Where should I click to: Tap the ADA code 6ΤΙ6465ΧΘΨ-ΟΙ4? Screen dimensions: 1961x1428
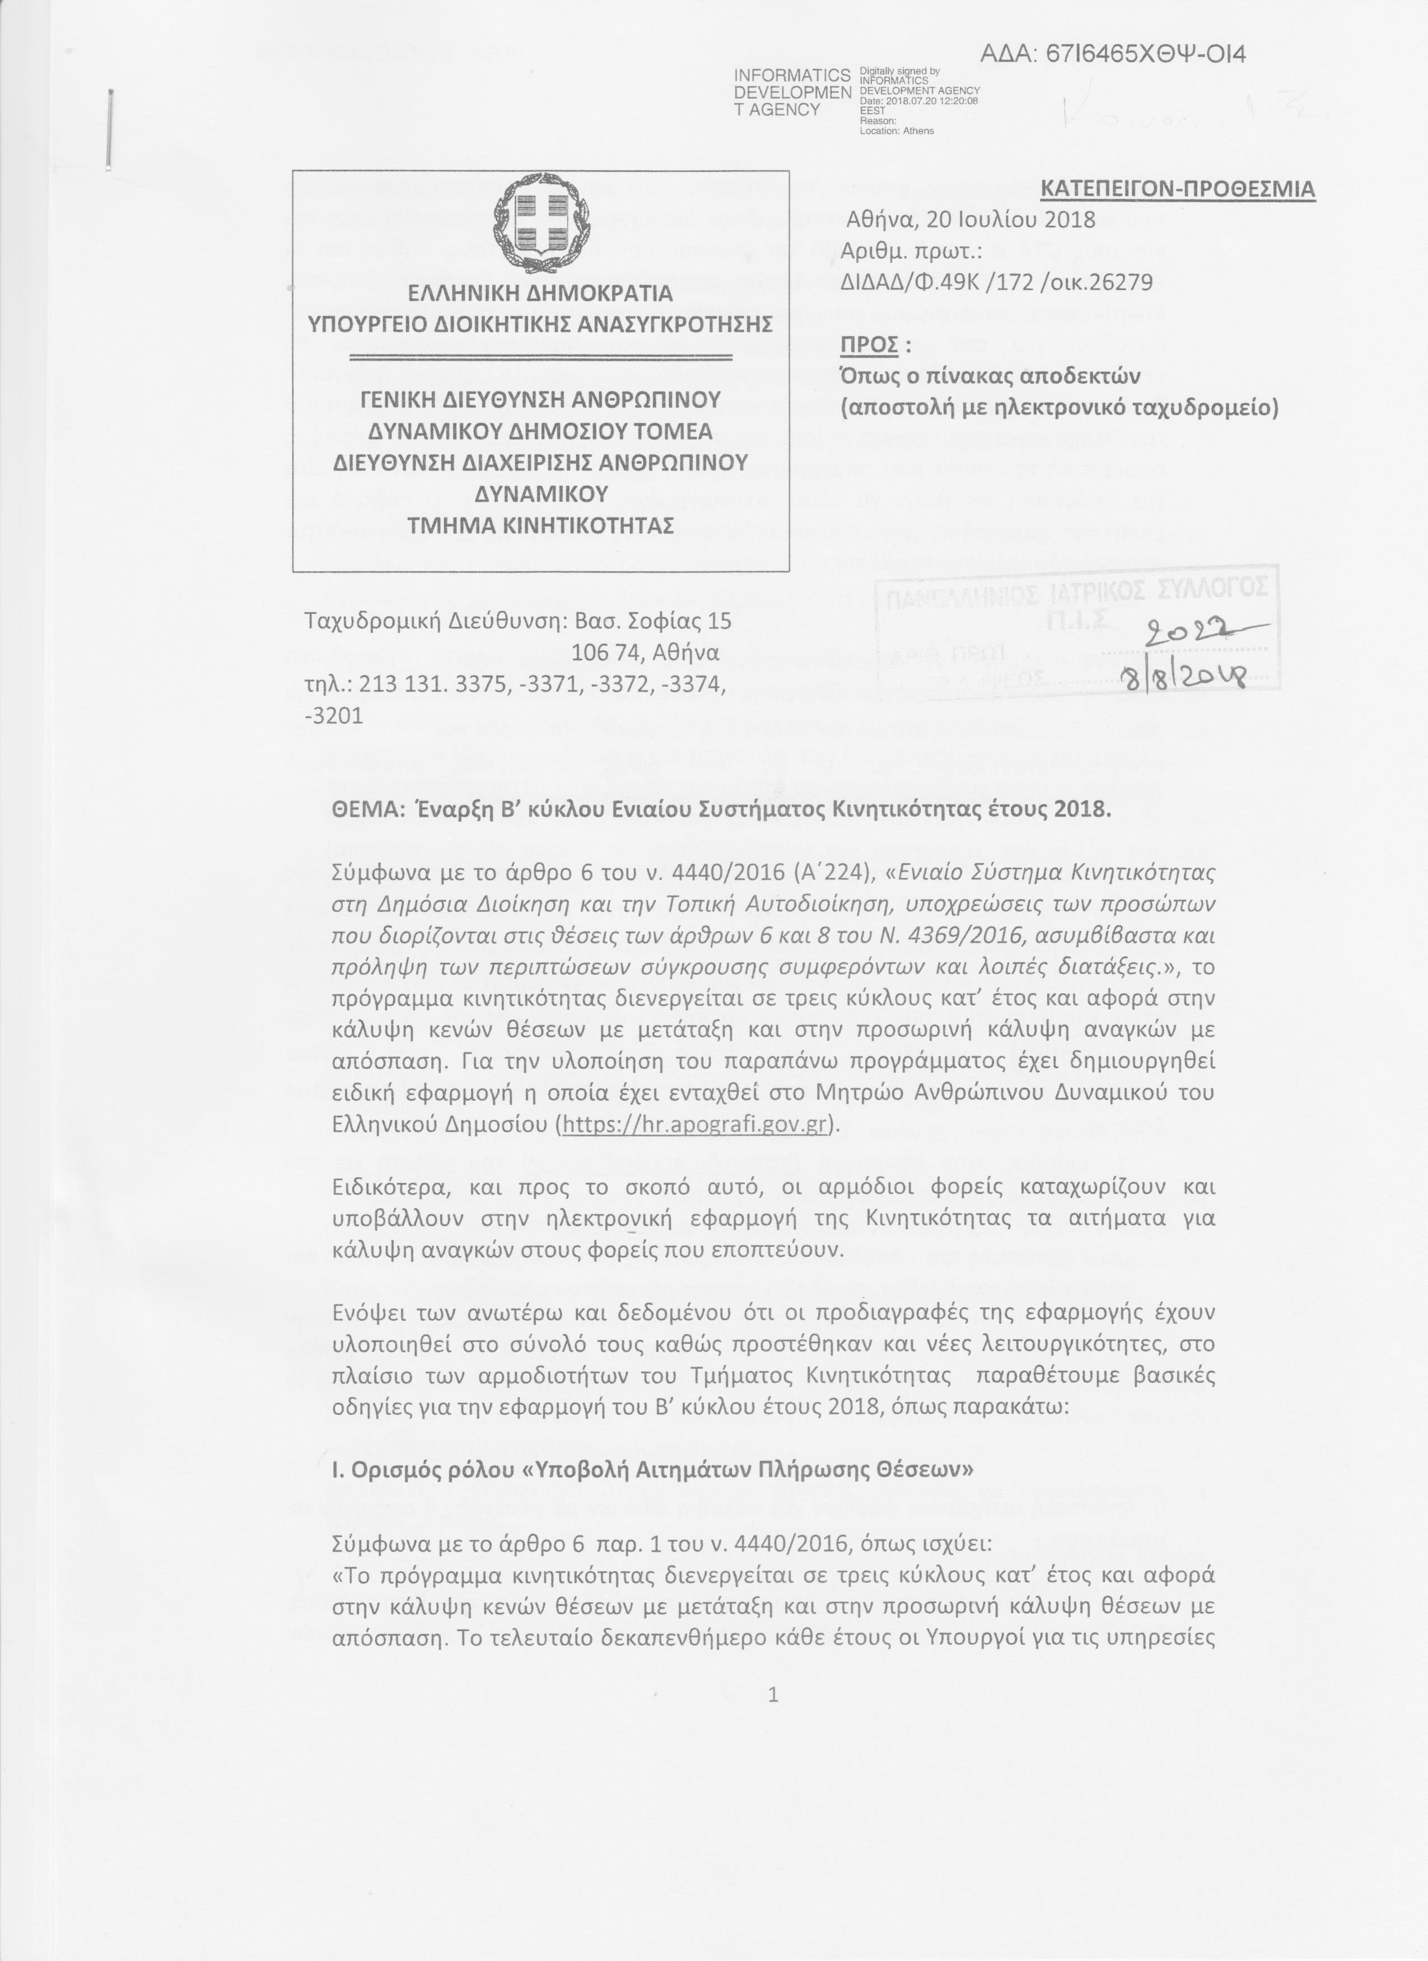coord(1113,54)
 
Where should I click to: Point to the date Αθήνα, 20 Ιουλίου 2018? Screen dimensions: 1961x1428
coord(970,220)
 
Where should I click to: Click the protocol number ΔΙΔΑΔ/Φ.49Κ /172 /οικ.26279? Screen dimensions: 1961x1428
coord(997,282)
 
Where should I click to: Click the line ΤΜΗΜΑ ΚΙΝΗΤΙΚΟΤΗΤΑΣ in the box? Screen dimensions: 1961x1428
coord(540,526)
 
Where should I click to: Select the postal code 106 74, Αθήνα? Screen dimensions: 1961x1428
coord(646,651)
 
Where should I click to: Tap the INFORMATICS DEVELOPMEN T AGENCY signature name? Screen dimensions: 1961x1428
coord(792,92)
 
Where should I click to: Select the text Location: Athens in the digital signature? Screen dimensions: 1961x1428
coord(897,131)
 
